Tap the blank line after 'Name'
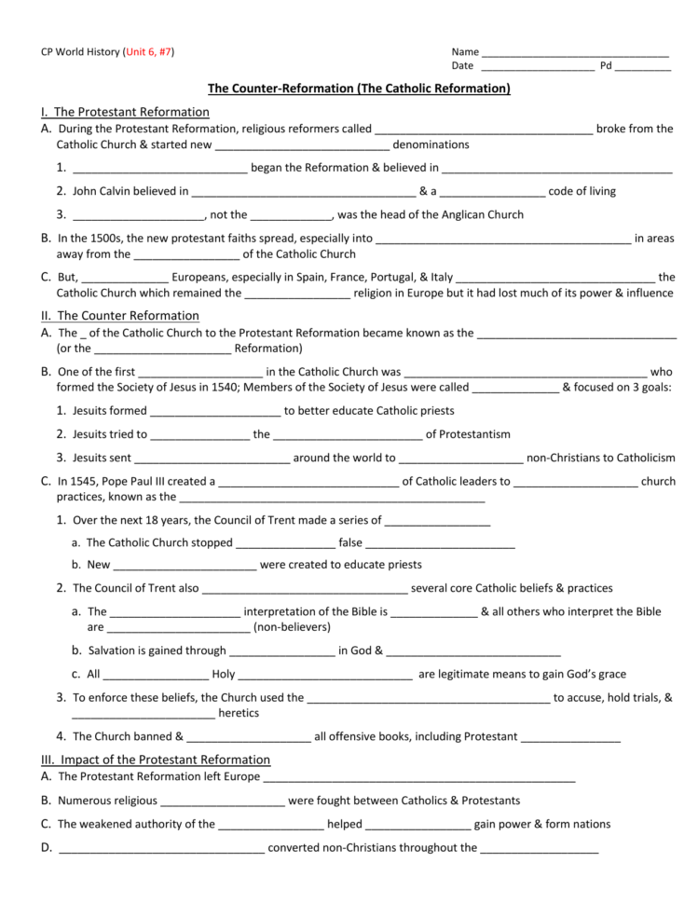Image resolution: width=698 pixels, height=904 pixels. [575, 53]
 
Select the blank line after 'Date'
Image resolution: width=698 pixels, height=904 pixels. [538, 67]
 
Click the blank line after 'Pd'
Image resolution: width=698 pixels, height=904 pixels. [642, 67]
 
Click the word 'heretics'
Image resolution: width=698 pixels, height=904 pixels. [239, 713]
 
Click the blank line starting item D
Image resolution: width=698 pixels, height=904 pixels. [161, 849]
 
